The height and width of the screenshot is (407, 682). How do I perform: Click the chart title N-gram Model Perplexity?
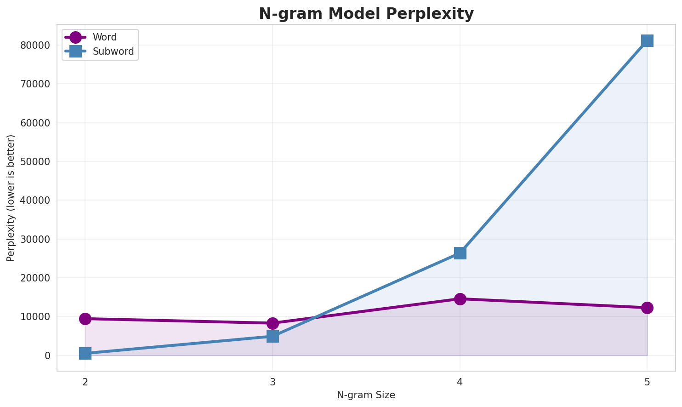tap(366, 14)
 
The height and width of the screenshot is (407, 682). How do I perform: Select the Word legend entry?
tap(104, 37)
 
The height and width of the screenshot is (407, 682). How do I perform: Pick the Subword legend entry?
tap(113, 52)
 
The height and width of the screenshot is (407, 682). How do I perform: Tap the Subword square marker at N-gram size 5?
tap(647, 40)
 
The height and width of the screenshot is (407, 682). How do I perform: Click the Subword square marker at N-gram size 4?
tap(460, 253)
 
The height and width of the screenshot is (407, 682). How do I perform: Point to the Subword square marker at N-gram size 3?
tap(273, 336)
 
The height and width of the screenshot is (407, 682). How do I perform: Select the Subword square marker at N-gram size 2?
tap(85, 353)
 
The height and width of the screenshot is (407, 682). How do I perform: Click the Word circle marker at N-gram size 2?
tap(85, 319)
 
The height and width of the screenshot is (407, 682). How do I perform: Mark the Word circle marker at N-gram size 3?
tap(273, 323)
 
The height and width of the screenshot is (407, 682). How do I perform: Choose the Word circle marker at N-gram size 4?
tap(460, 299)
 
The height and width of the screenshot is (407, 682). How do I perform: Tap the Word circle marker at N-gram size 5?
tap(647, 308)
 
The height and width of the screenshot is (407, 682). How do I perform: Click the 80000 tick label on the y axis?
tap(35, 45)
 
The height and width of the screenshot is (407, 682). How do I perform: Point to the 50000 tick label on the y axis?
tap(35, 161)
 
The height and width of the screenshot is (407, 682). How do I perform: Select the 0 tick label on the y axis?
tap(47, 355)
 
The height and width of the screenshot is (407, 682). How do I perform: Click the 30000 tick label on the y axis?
tap(35, 239)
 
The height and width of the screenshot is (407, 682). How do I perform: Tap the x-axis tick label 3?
tap(273, 382)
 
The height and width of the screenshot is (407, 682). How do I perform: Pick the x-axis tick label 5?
tap(647, 382)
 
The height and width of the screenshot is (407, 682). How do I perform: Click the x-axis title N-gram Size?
tap(366, 395)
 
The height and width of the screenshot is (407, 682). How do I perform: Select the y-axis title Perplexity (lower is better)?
tap(11, 198)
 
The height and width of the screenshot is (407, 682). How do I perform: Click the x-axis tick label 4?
tap(460, 382)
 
